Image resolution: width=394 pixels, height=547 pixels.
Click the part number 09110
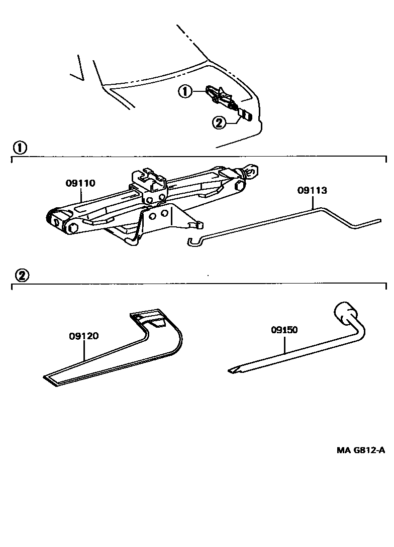click(80, 184)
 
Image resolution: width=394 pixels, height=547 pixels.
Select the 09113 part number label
click(312, 190)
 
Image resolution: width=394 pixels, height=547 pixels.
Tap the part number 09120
click(83, 337)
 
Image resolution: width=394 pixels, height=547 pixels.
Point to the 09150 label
click(284, 330)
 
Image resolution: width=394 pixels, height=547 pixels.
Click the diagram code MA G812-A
click(361, 450)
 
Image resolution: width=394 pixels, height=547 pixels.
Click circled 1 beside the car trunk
click(185, 92)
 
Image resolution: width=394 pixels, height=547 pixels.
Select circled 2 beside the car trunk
click(219, 122)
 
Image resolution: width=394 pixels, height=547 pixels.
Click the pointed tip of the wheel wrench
click(232, 370)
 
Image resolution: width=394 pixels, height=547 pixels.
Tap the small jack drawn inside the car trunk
click(219, 95)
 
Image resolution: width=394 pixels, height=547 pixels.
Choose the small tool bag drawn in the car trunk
click(246, 115)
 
